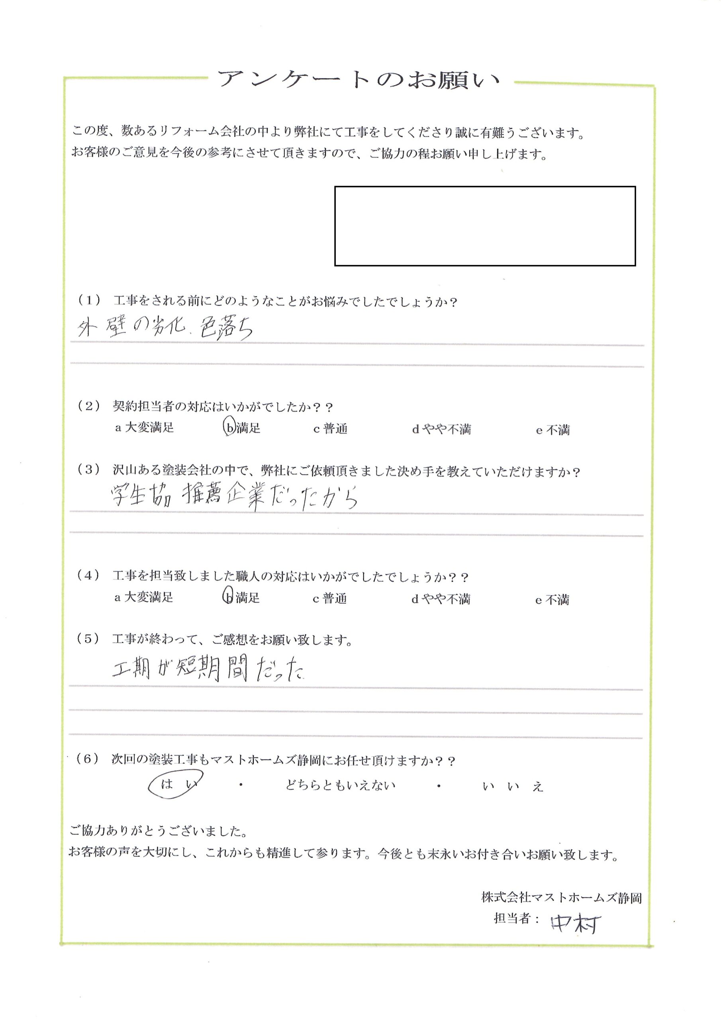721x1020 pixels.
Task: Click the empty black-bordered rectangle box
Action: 485,226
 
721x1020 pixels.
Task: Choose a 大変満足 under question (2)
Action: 144,428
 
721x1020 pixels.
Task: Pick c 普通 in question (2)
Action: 330,429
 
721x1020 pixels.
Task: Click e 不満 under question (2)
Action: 553,430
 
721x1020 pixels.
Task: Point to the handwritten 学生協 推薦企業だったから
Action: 234,497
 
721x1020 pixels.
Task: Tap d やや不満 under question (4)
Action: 440,599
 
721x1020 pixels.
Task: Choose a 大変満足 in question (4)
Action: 143,597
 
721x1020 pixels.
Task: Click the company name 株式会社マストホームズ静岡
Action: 562,898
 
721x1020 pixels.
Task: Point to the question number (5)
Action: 88,639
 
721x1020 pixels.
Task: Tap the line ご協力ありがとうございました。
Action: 159,830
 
